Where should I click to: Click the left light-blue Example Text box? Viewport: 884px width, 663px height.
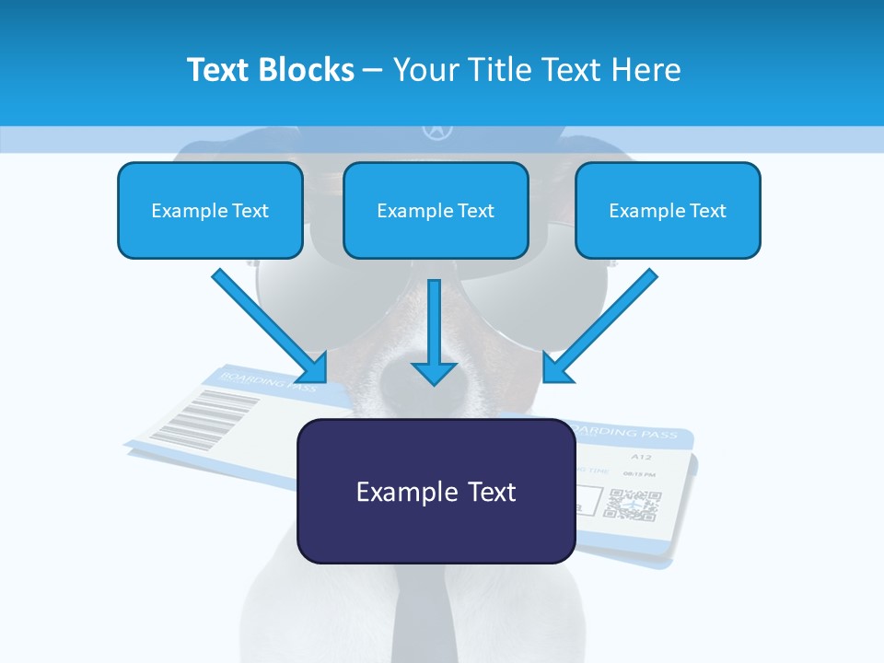coord(210,210)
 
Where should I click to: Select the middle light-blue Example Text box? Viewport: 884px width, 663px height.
coord(436,210)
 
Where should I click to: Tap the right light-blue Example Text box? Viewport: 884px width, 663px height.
coord(668,210)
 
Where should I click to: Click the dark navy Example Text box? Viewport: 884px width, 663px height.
coord(436,491)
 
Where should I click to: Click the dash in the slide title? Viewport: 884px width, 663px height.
coord(373,70)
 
